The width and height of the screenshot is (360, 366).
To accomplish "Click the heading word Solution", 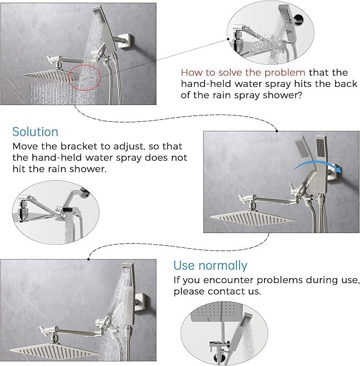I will pos(36,131).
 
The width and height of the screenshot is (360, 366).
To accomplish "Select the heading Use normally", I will pos(210,265).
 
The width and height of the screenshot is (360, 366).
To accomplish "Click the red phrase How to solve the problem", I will pos(243,72).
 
